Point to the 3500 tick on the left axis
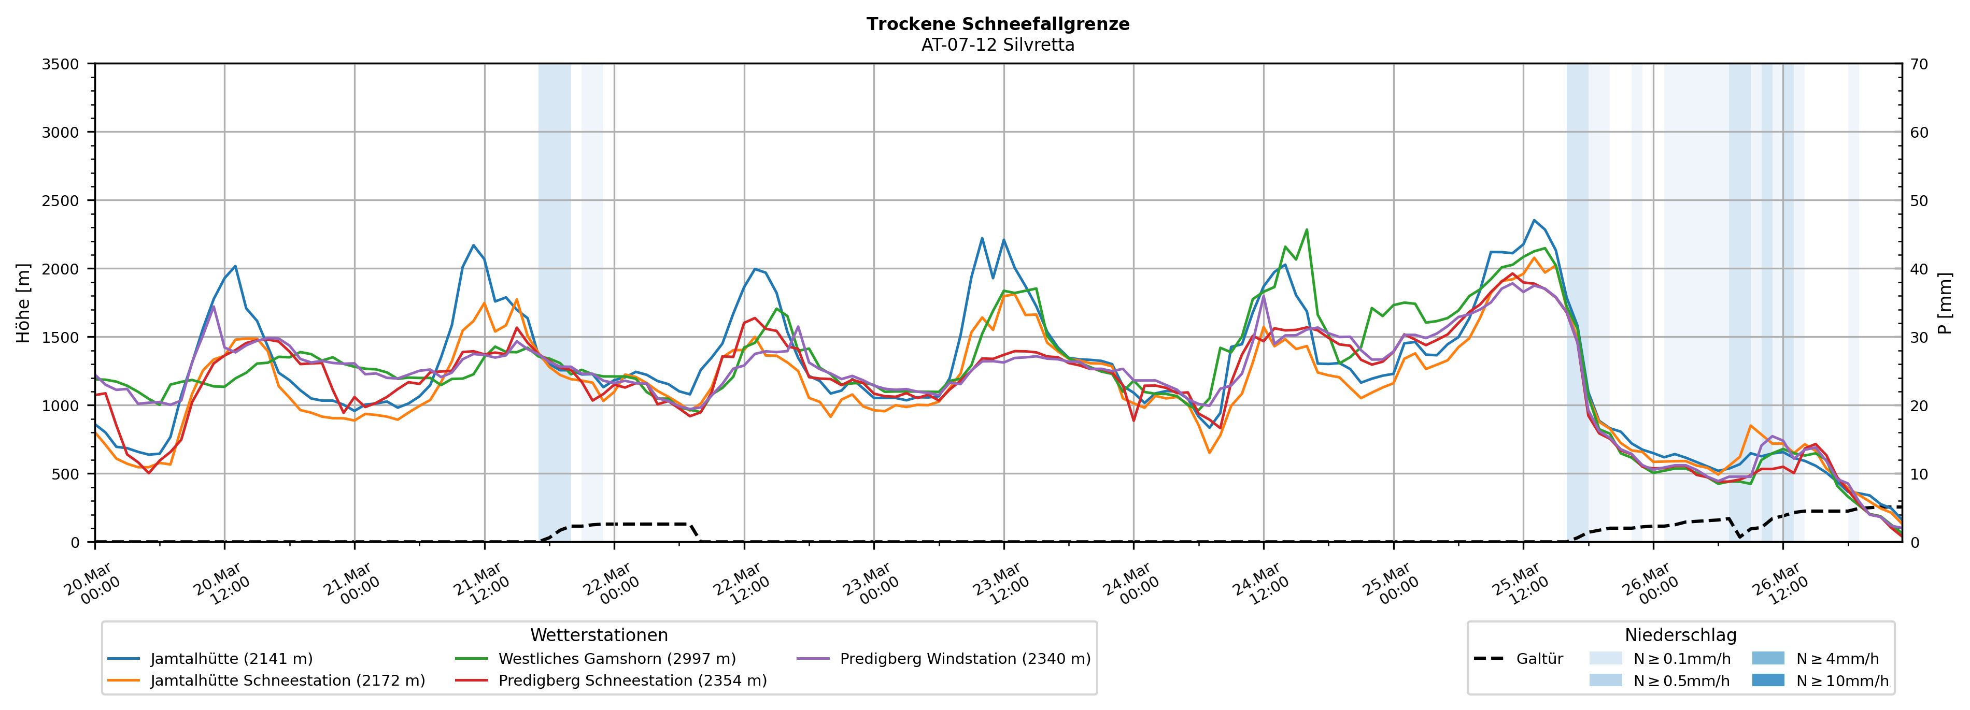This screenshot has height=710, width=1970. [x=61, y=64]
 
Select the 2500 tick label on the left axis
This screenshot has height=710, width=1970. [x=61, y=201]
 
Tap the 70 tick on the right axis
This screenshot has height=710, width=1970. [x=1919, y=64]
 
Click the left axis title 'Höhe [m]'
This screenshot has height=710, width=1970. [x=24, y=302]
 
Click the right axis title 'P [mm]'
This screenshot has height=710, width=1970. [x=1945, y=302]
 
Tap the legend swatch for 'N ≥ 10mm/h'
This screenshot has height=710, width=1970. [x=1767, y=680]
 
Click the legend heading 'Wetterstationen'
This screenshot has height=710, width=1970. [x=599, y=635]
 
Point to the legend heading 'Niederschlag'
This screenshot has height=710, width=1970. [x=1680, y=635]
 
